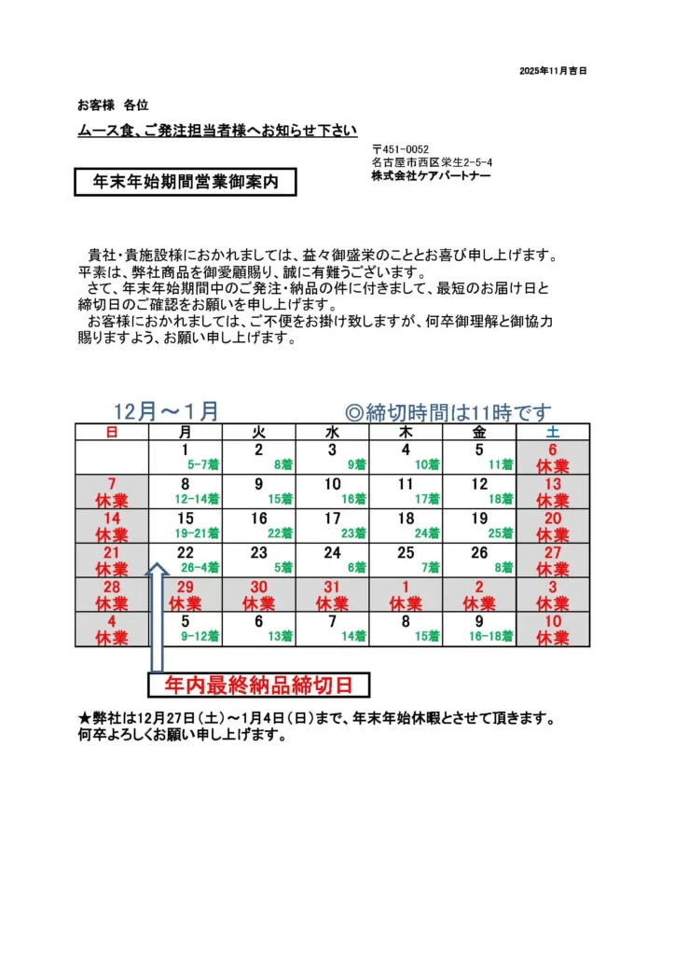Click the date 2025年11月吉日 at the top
click(553, 71)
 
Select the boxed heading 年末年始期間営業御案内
click(186, 183)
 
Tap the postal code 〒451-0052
click(400, 148)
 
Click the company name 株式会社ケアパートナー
click(431, 175)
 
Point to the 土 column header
click(552, 432)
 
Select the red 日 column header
click(112, 432)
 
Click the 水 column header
click(332, 432)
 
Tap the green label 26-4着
click(200, 567)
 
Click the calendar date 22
click(185, 552)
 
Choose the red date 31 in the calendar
click(332, 587)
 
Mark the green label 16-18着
click(491, 636)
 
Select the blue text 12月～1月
click(167, 411)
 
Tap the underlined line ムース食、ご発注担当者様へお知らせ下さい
click(217, 131)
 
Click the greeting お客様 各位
click(113, 104)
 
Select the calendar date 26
click(479, 552)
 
